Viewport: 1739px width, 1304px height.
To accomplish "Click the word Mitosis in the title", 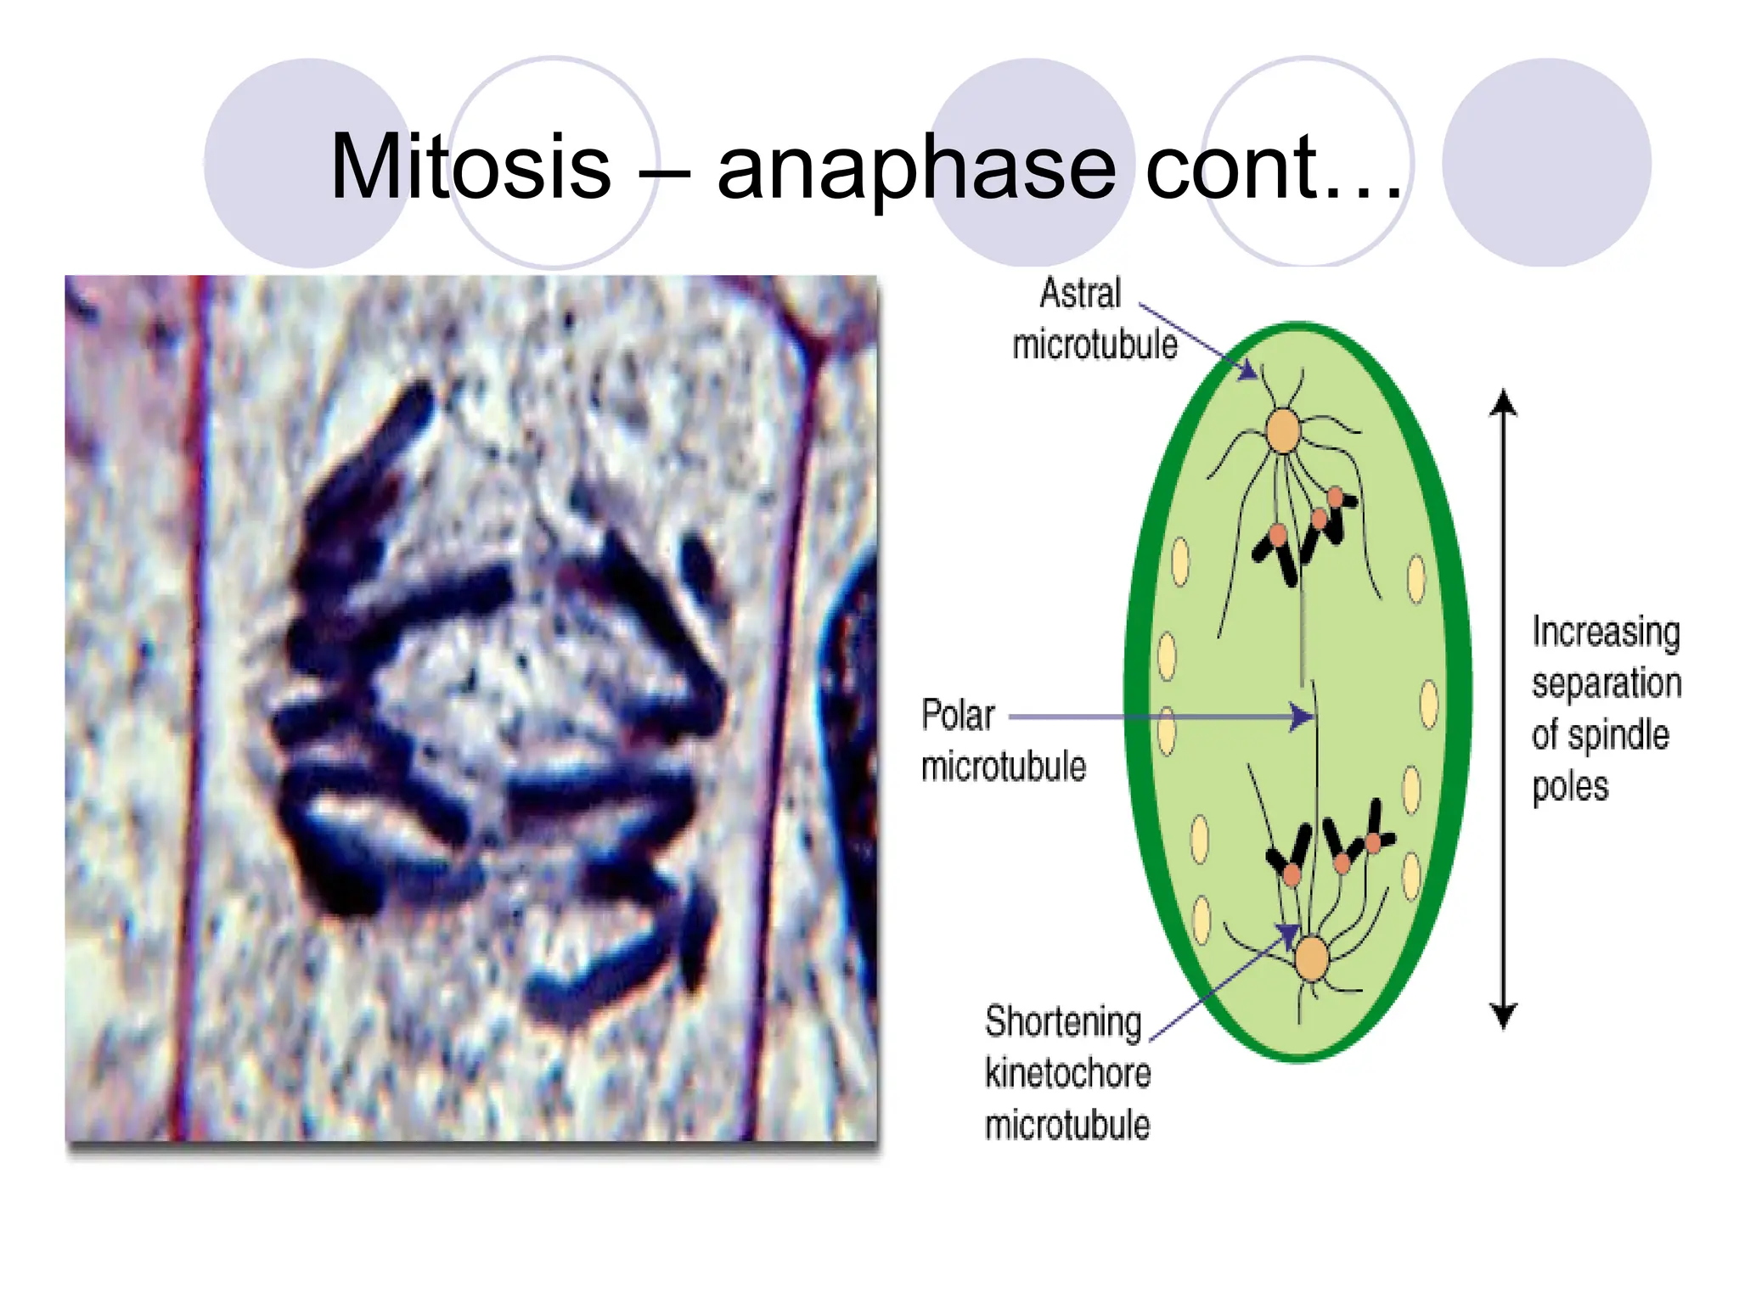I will click(x=470, y=167).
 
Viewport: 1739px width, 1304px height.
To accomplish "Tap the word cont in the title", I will click(x=1231, y=167).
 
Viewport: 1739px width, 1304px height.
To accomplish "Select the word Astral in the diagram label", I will click(x=1080, y=294).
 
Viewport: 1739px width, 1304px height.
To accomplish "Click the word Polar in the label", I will click(x=958, y=716).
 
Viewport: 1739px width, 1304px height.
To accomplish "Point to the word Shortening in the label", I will click(x=1063, y=1021).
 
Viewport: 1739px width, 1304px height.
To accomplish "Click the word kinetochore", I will click(x=1067, y=1074).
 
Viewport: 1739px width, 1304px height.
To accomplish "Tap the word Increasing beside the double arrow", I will click(x=1606, y=633).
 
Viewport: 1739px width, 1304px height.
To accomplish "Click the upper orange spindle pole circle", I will click(x=1283, y=431).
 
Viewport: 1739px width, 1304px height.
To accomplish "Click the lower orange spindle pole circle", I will click(x=1312, y=958).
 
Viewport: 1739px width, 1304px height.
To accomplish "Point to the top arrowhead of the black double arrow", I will click(x=1503, y=401).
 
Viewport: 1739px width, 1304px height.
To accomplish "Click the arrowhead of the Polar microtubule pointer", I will click(x=1303, y=717).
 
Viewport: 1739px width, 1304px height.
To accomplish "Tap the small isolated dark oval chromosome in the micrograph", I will click(x=700, y=565).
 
